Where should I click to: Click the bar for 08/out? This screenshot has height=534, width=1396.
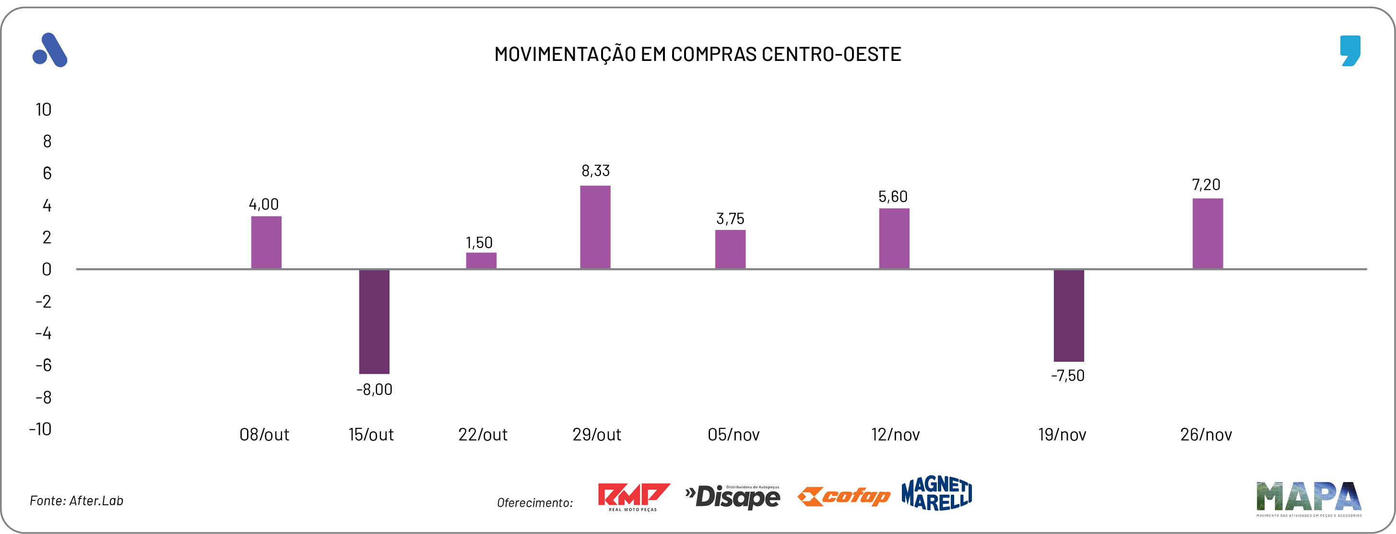(x=266, y=242)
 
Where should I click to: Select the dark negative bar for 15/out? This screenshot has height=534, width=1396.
(x=374, y=321)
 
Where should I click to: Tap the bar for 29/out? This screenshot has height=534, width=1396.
(x=595, y=227)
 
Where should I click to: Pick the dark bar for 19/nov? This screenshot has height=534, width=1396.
(x=1069, y=315)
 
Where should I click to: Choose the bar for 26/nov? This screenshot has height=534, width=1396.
(x=1207, y=234)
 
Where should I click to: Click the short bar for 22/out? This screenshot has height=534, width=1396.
(x=481, y=261)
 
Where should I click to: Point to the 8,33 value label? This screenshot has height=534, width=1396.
(x=595, y=171)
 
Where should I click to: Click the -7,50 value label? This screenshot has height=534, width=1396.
(x=1067, y=376)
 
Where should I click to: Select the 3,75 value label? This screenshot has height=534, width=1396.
(x=730, y=218)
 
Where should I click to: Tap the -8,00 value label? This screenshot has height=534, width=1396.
(x=374, y=389)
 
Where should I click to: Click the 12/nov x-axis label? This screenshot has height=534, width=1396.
(x=895, y=435)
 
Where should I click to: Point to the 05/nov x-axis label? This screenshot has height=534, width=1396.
(x=733, y=435)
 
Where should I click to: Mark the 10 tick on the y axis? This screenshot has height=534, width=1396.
(x=43, y=109)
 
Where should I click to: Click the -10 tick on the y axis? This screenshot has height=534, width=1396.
(x=40, y=429)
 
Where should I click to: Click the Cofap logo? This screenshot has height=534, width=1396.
(x=844, y=496)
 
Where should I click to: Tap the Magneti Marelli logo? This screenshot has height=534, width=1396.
(x=936, y=493)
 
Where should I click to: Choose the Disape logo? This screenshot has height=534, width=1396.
(x=732, y=496)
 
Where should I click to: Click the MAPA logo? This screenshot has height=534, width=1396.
(x=1308, y=498)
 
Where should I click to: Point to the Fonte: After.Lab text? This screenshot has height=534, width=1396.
(x=76, y=500)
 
